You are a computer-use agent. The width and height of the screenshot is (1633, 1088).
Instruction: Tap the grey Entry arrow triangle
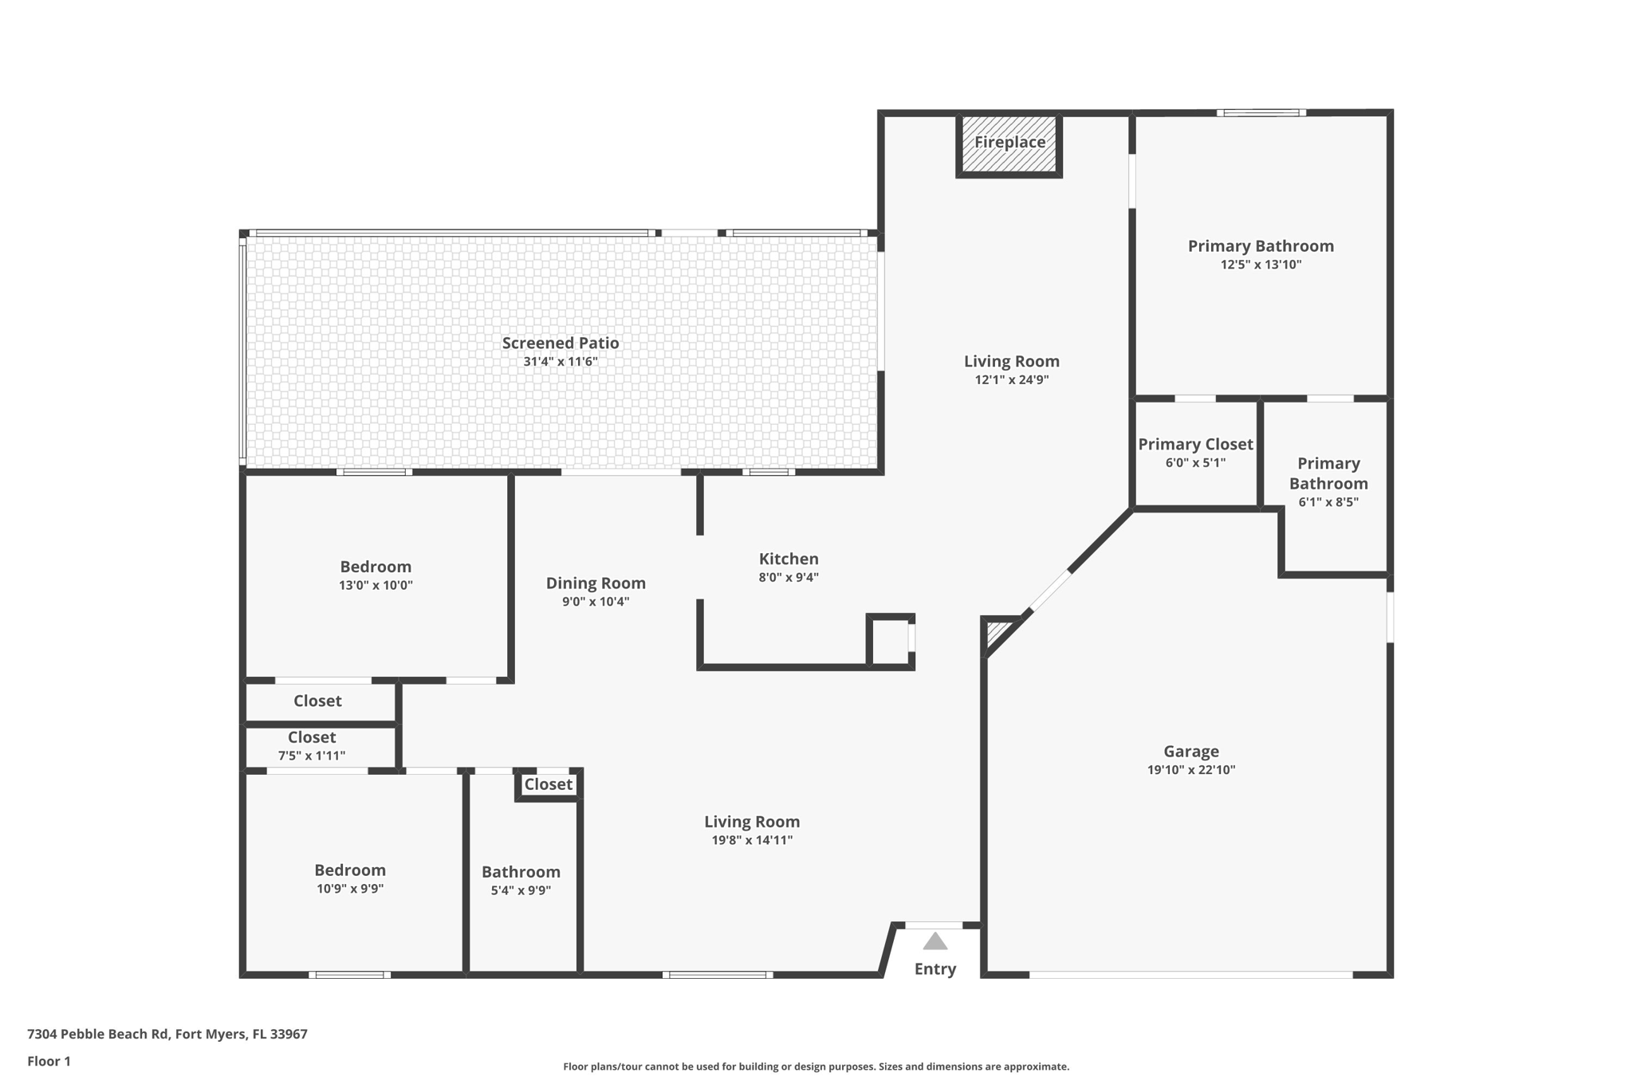pos(935,942)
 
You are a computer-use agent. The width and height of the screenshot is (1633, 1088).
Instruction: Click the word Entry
pos(935,968)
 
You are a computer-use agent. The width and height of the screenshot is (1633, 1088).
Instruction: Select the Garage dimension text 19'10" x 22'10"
pos(1190,770)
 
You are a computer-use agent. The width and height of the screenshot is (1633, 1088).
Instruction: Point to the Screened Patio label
pos(560,343)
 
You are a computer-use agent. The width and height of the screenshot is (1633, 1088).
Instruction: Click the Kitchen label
pos(788,559)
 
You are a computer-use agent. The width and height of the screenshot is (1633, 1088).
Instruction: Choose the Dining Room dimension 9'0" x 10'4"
pos(595,602)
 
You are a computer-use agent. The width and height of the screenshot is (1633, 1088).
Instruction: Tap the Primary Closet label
pos(1194,444)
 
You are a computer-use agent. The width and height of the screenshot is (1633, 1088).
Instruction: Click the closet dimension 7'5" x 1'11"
pos(311,756)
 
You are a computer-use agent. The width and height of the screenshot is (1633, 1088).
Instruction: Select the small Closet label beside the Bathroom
pos(548,784)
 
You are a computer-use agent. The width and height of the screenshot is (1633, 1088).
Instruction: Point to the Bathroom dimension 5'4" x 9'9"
pos(521,890)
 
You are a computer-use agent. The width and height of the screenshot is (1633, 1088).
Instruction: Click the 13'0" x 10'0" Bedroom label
pos(376,567)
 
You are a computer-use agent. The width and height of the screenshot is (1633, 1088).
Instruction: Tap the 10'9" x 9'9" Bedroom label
pos(349,870)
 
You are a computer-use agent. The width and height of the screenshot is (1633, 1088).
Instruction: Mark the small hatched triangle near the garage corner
pos(996,634)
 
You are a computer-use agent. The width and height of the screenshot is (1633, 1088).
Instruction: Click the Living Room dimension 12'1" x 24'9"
pos(1011,380)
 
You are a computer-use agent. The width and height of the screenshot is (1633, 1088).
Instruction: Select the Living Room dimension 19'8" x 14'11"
pos(751,840)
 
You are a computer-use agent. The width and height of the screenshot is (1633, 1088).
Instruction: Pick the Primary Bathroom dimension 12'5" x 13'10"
pos(1260,265)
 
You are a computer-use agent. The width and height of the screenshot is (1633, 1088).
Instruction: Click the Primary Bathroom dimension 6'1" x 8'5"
pos(1328,502)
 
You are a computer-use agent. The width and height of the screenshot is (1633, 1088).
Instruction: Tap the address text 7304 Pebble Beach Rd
pos(98,1034)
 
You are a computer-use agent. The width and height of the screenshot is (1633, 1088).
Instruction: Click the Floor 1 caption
pos(49,1061)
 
